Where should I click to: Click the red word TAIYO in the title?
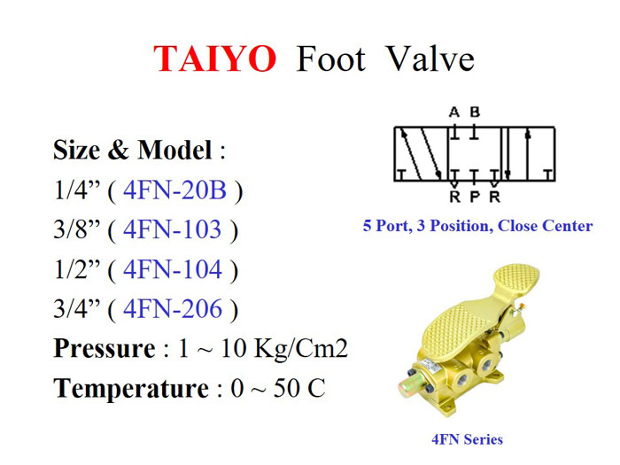coord(215,59)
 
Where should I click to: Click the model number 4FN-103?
coord(173,230)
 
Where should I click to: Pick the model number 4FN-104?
coord(174,269)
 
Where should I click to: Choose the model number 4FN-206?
coord(174,309)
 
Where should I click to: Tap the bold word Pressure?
coord(104,349)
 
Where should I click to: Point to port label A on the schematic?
coord(454,112)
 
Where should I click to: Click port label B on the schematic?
coord(475,112)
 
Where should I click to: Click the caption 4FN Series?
coord(467,439)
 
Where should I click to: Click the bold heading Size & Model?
coord(132,151)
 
